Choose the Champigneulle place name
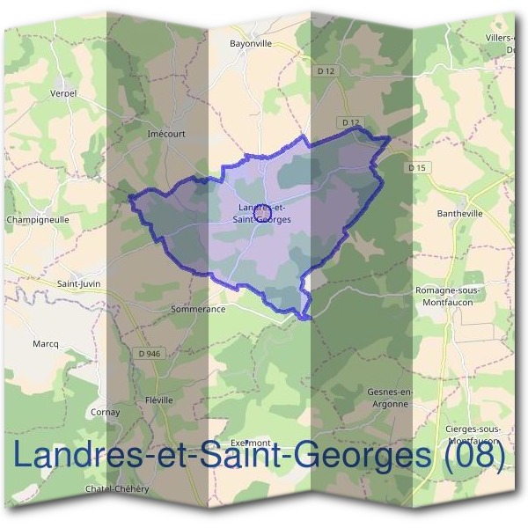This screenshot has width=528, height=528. pos(38,219)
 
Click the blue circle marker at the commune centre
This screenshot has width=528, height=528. pos(260,213)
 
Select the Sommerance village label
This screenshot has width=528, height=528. pos(199,309)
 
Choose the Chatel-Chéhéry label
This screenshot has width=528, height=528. pos(117,489)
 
